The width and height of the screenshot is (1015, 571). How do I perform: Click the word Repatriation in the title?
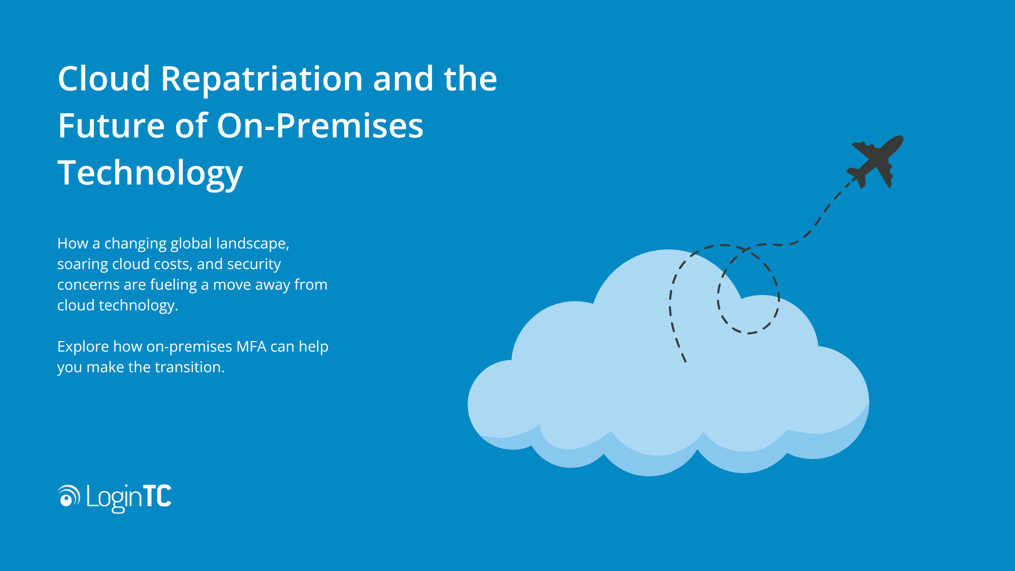pyautogui.click(x=262, y=79)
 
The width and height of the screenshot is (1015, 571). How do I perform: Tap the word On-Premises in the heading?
pyautogui.click(x=320, y=126)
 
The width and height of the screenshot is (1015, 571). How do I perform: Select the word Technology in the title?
pyautogui.click(x=150, y=173)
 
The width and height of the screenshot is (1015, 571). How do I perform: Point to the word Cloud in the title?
pyautogui.click(x=104, y=79)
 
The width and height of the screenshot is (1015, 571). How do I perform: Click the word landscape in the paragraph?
pyautogui.click(x=253, y=244)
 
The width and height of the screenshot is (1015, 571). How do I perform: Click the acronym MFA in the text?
pyautogui.click(x=251, y=347)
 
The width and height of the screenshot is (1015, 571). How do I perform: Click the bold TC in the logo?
pyautogui.click(x=158, y=496)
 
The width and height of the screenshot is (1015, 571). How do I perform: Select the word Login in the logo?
pyautogui.click(x=114, y=498)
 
